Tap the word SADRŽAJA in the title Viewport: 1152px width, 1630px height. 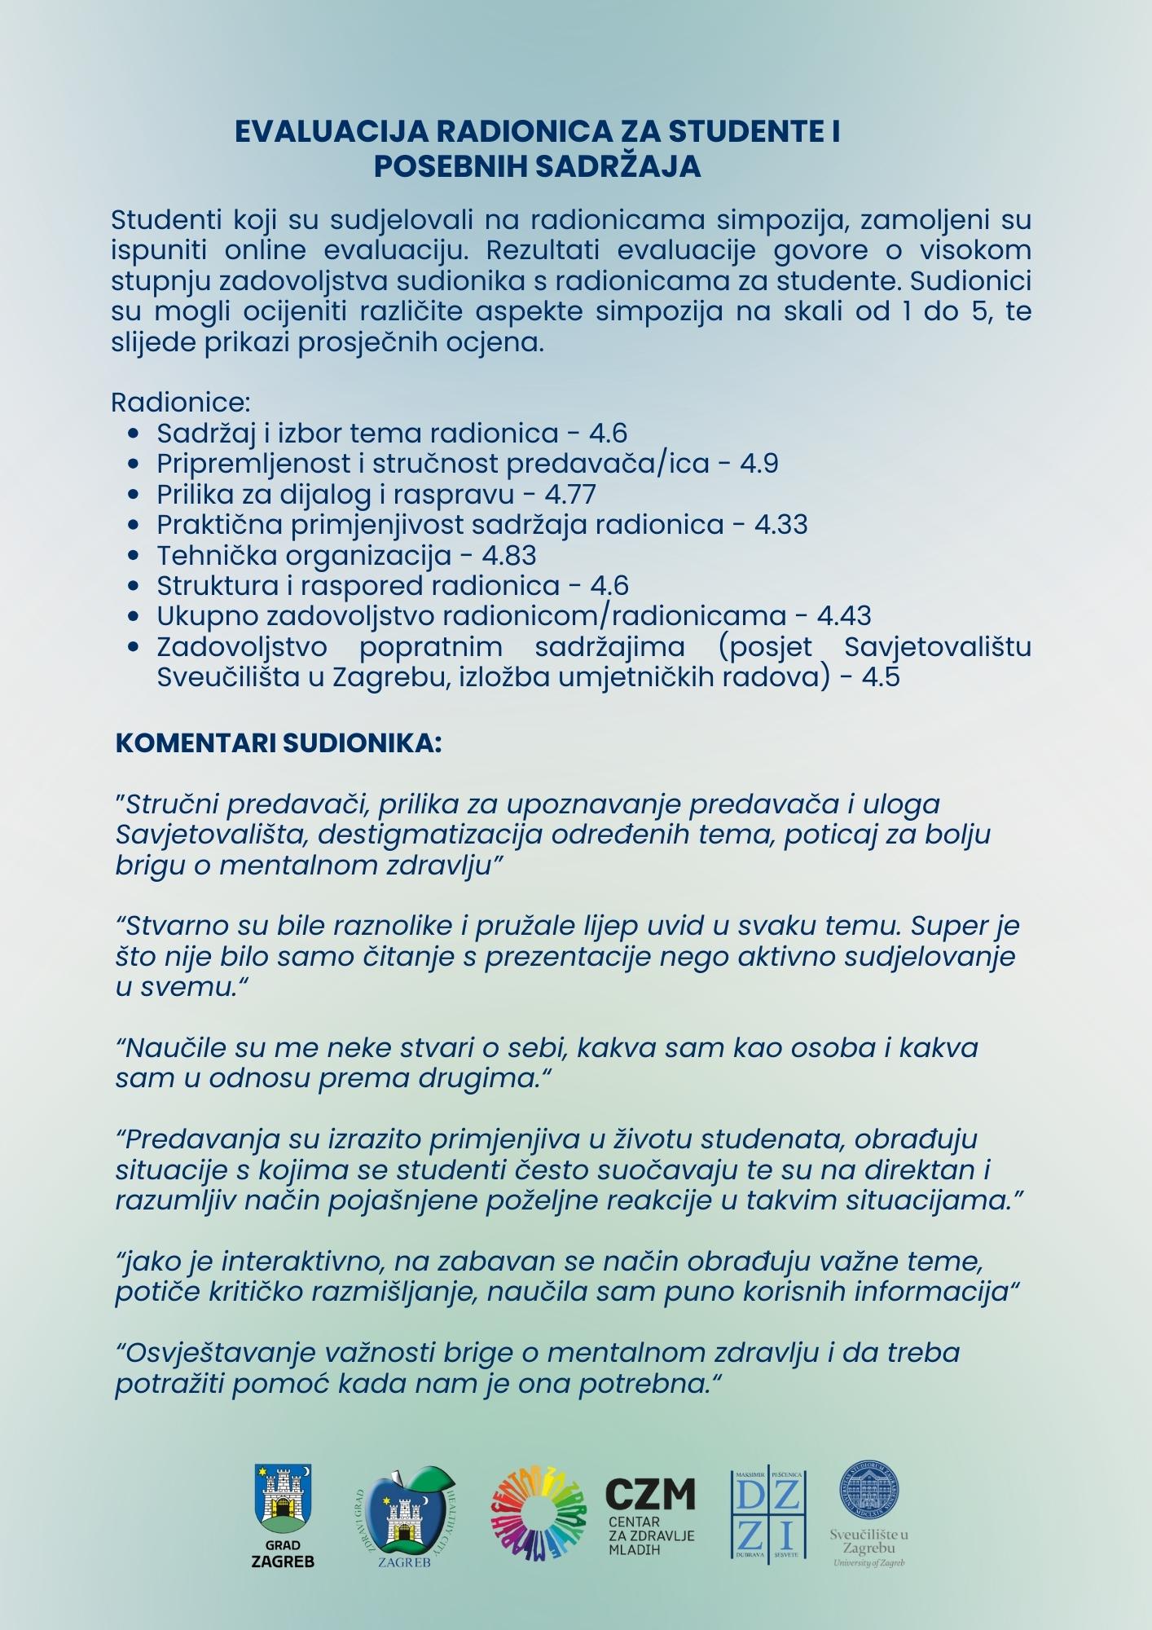[x=618, y=166]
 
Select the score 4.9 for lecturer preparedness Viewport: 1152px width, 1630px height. [x=759, y=464]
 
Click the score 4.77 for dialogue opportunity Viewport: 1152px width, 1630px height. [x=570, y=495]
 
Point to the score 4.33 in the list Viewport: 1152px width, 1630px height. [x=780, y=525]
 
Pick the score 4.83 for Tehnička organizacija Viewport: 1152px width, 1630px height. [x=508, y=556]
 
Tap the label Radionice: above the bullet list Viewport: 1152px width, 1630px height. [x=180, y=403]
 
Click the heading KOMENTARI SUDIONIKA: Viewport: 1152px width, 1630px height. [x=279, y=743]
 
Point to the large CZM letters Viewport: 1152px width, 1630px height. [x=650, y=1495]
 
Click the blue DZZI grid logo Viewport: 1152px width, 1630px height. [x=769, y=1515]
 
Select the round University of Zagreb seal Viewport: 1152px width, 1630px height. [x=868, y=1491]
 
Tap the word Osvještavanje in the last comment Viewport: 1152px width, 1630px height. [x=210, y=1354]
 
